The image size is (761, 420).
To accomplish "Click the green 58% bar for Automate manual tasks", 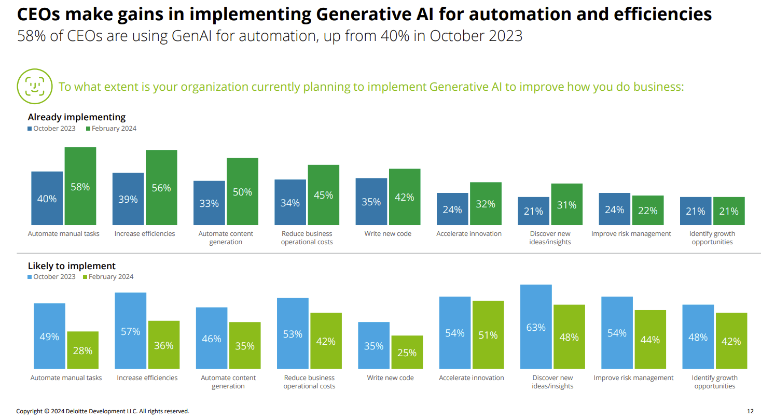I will [x=80, y=186].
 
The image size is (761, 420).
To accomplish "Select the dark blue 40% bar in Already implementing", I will [x=47, y=198].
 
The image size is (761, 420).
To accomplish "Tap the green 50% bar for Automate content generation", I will [x=242, y=191].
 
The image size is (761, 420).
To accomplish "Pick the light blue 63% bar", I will [x=536, y=327].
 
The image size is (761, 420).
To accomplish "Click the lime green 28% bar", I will [x=82, y=350].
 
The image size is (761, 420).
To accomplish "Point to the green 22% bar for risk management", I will [x=648, y=210].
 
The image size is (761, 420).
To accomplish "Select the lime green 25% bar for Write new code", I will [x=407, y=352].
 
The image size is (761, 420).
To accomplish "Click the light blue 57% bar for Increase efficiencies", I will [x=130, y=331].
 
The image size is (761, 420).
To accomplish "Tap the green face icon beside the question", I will [x=35, y=86].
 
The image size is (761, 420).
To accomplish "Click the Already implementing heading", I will [x=77, y=117].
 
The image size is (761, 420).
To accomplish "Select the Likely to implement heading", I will [x=72, y=266].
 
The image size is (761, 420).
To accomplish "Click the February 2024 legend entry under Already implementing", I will [x=111, y=129].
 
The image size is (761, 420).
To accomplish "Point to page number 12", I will [x=750, y=411].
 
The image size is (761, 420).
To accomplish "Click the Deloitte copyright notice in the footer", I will [x=103, y=411].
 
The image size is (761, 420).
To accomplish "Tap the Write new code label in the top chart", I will [x=388, y=234].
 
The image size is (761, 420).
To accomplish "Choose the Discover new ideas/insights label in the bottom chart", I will [x=552, y=382].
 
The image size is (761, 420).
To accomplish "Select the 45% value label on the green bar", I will [x=323, y=195].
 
